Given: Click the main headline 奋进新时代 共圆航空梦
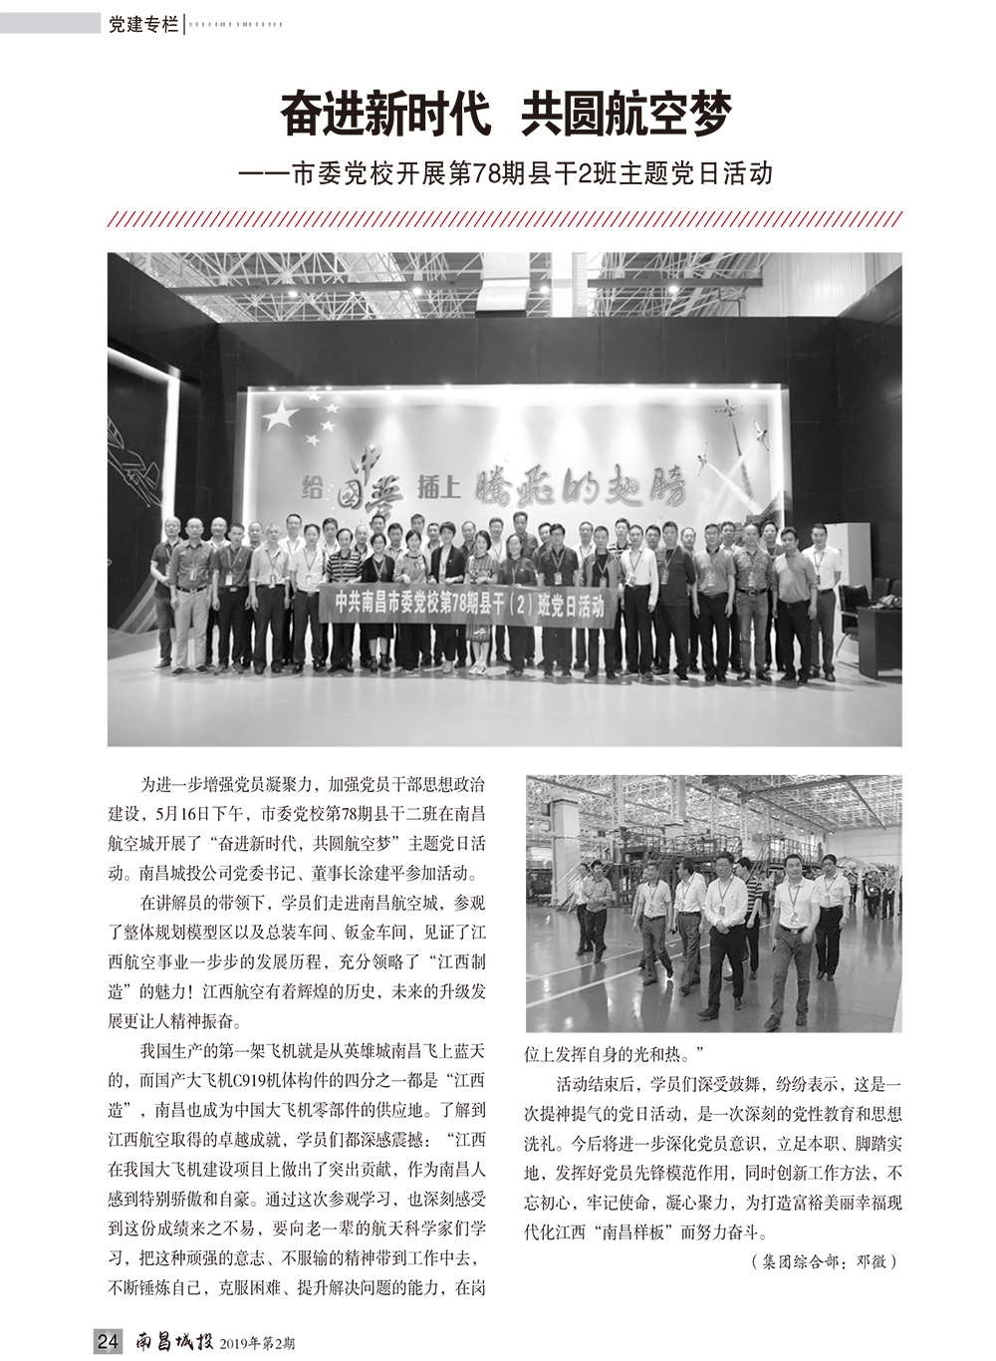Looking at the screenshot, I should (505, 115).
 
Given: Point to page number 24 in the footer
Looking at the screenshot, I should (108, 1342).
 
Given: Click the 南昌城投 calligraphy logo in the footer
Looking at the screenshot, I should (174, 1342).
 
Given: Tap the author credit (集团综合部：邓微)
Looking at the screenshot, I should (823, 1261).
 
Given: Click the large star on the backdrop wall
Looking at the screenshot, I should (284, 414).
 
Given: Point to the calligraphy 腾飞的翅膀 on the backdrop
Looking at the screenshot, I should (584, 485).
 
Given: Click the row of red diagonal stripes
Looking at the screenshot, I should (505, 219).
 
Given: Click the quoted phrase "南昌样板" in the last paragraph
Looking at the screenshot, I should (631, 1230).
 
